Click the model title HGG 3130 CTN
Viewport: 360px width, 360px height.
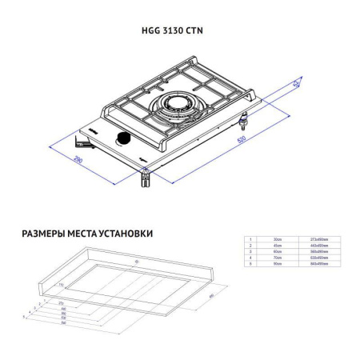point(180,32)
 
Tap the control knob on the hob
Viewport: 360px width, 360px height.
point(124,142)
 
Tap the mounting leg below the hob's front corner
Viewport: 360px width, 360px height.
point(145,180)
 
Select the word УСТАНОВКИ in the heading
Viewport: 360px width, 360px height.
point(124,234)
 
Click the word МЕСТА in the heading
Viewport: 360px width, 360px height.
point(81,234)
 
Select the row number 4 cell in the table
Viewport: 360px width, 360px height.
point(250,257)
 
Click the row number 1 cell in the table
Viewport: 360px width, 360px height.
point(250,239)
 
